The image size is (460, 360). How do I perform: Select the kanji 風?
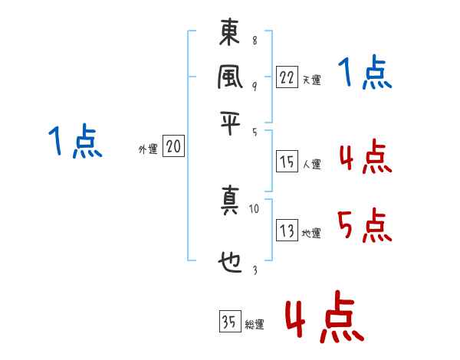[x=230, y=77]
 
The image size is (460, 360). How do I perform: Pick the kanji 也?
[x=230, y=262]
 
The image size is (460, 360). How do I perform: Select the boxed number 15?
[x=287, y=161]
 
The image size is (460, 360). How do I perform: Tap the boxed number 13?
[x=287, y=231]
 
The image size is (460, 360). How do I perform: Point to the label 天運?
[x=311, y=79]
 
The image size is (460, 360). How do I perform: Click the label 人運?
[x=311, y=164]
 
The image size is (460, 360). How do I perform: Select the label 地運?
[x=311, y=234]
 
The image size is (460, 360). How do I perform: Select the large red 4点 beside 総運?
[x=324, y=316]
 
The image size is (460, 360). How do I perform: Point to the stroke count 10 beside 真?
[x=255, y=208]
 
